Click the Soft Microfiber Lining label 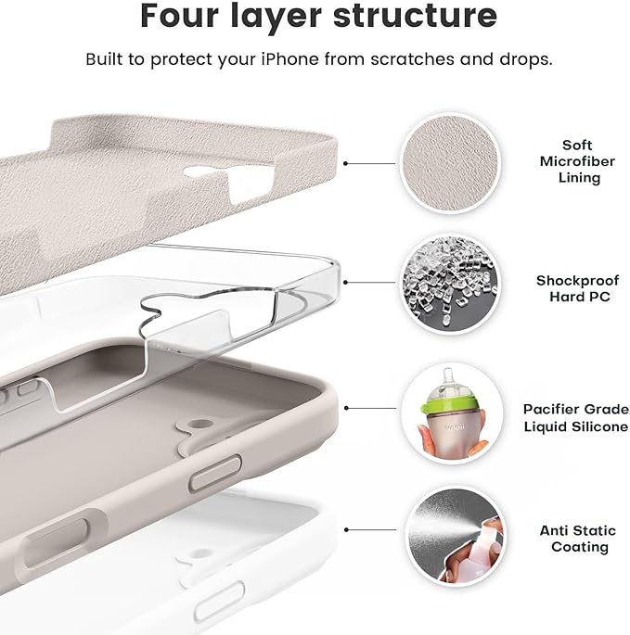577,161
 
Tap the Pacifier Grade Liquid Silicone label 575,416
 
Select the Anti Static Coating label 577,539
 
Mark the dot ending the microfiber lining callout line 346,163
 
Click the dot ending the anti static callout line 346,530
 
